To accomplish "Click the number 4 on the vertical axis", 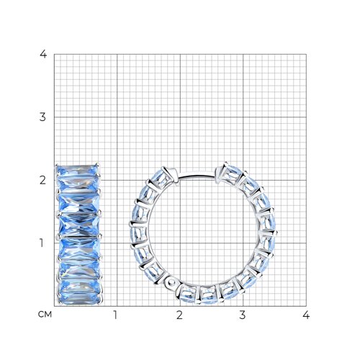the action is pos(43,55).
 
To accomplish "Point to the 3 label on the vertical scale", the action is pos(42,117).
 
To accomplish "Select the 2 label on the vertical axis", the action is pos(42,180).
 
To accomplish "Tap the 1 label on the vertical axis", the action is pos(42,243).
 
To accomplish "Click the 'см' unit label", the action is pos(45,315).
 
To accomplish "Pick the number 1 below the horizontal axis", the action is pos(115,315).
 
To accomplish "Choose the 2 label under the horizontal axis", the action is pos(179,315).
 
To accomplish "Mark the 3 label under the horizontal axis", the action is pos(243,315).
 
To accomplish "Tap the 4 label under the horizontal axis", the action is pos(306,315).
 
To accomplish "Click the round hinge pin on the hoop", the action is pos(171,282).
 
